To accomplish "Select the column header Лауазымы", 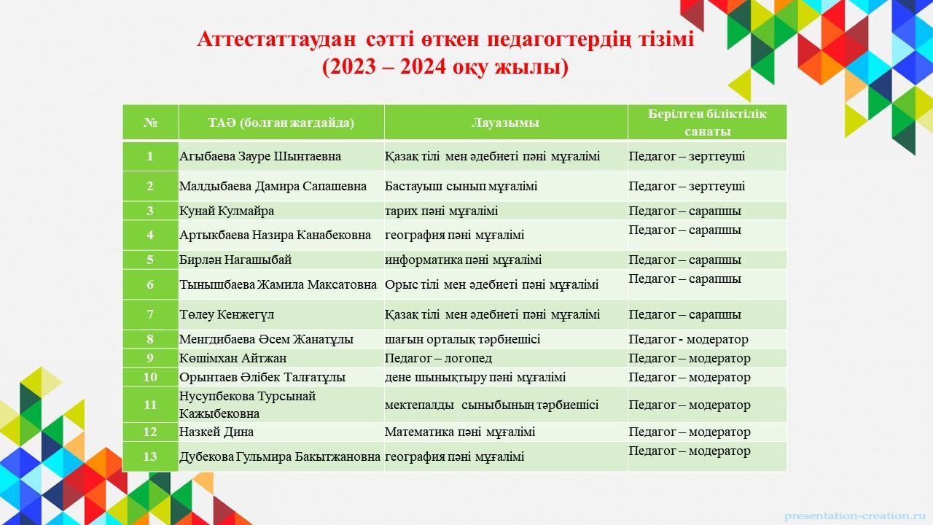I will point(505,122).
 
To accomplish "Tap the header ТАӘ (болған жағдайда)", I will point(281,122).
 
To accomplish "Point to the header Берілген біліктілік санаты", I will point(707,122).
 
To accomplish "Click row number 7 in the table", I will point(150,314).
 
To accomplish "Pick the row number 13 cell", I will point(150,456).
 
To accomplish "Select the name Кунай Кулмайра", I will point(227,211).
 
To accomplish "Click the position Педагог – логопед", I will point(438,358).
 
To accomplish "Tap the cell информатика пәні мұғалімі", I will point(463,260).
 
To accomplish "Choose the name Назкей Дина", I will point(216,432).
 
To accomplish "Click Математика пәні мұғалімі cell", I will point(459,432).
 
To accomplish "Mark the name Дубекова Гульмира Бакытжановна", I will point(280,457).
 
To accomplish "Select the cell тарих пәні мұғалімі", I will point(441,211).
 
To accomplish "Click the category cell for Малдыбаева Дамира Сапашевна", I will point(687,186).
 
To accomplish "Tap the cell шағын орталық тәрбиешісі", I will point(462,339).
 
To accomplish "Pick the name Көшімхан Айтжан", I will point(233,358).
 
